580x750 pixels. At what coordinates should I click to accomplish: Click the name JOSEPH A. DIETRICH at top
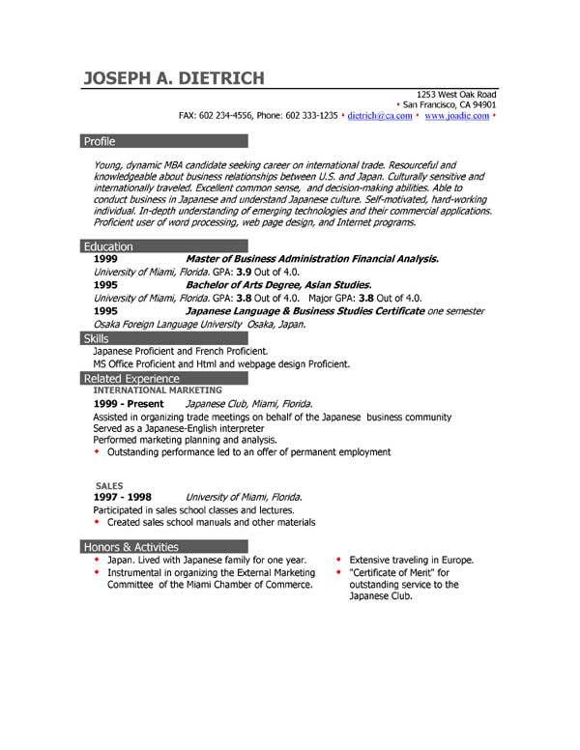click(173, 78)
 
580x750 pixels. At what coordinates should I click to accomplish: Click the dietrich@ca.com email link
click(379, 115)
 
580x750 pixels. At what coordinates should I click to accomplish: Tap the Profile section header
click(100, 141)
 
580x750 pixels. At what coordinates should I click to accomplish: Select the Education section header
click(108, 246)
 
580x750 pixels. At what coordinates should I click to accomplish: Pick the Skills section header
click(97, 339)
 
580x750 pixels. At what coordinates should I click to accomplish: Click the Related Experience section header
click(131, 379)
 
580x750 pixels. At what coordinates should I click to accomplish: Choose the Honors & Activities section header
click(131, 547)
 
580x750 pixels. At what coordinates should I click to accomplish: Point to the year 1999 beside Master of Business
click(105, 259)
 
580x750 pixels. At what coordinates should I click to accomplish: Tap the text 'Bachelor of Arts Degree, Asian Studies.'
click(278, 285)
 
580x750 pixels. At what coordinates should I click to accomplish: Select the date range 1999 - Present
click(129, 403)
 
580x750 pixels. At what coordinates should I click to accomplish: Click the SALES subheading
click(109, 485)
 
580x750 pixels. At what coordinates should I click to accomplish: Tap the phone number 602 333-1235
click(311, 115)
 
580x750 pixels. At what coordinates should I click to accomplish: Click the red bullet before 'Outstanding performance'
click(97, 451)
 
